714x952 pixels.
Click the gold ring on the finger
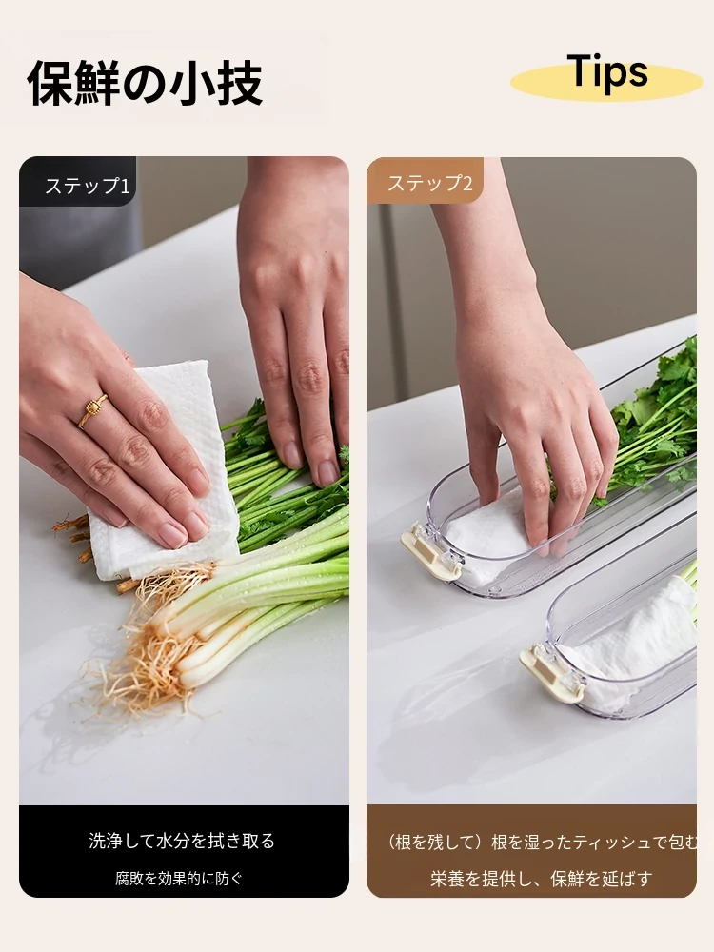click(92, 410)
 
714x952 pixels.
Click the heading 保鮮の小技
click(145, 83)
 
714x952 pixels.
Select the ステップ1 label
click(88, 186)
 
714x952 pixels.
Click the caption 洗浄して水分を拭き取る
click(182, 841)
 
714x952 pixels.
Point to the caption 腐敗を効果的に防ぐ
click(179, 878)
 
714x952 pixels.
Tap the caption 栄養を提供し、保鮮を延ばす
click(542, 878)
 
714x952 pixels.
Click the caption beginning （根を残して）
click(542, 843)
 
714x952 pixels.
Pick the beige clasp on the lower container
click(550, 674)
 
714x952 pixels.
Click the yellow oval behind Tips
click(607, 83)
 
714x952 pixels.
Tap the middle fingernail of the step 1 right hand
click(327, 472)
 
